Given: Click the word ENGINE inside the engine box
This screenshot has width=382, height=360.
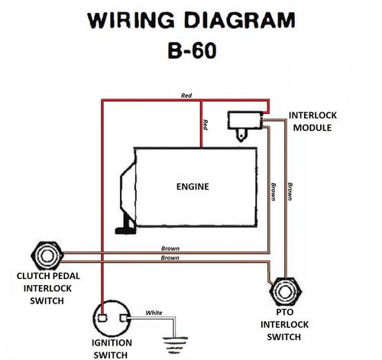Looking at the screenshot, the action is (193, 186).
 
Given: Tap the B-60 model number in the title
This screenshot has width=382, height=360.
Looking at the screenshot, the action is (193, 50).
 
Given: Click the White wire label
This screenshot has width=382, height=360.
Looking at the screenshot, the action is (154, 313).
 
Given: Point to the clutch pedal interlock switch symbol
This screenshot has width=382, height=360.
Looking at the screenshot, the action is (47, 256).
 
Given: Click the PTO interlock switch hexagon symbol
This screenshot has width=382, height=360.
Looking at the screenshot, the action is (286, 292).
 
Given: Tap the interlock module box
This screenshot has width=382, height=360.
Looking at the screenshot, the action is (245, 120).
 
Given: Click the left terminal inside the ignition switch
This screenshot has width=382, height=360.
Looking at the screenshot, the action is (102, 318).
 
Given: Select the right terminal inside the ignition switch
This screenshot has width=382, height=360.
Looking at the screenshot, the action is (123, 318).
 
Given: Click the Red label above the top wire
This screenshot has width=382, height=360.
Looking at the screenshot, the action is (186, 96).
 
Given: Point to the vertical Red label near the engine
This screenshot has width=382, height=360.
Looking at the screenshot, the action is (206, 125).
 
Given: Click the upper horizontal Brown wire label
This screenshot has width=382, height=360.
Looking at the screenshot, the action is (170, 248).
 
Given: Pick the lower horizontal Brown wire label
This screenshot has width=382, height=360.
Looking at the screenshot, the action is (170, 258).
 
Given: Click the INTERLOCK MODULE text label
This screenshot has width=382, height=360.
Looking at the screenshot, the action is (312, 122).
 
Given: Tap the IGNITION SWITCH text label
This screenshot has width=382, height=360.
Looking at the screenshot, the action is (112, 349).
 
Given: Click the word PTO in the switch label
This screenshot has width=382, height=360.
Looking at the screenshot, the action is (285, 312).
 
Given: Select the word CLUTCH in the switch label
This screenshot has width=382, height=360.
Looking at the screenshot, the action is (30, 276).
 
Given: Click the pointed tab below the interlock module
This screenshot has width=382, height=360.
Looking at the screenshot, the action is (241, 135).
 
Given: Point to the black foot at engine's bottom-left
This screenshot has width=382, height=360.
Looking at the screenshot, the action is (125, 226).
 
